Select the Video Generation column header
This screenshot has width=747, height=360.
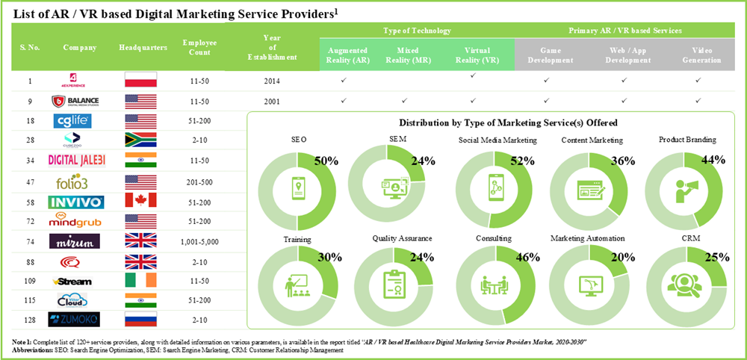click(x=701, y=55)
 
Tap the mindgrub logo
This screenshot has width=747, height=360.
click(x=72, y=221)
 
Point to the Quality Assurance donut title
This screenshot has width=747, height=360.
click(x=401, y=238)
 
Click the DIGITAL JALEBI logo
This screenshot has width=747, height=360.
click(x=72, y=160)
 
